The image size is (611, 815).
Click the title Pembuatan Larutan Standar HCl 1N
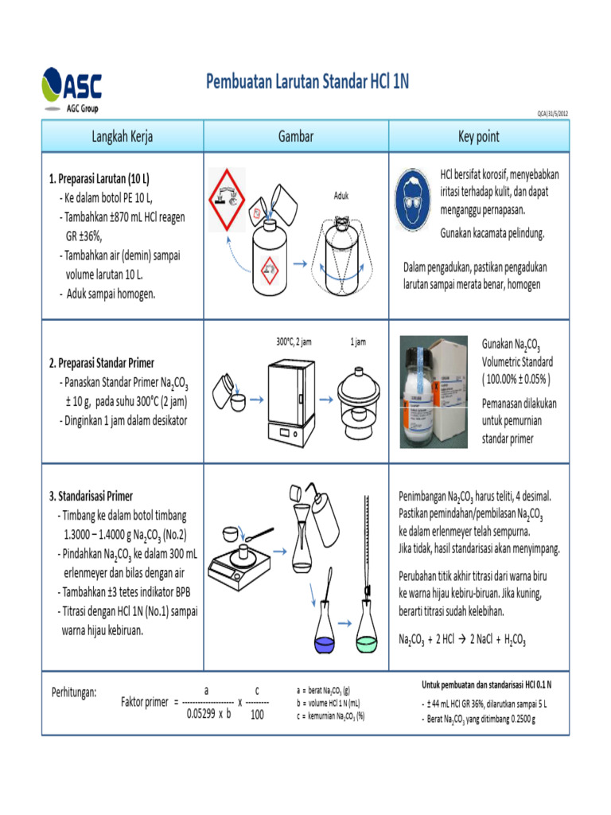click(x=307, y=82)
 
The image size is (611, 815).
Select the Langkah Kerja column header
click(x=123, y=137)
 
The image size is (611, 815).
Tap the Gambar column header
click(x=295, y=137)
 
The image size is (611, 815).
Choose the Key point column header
click(x=479, y=137)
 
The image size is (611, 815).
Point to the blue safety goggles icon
click(x=415, y=198)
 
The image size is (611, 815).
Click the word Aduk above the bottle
click(x=341, y=195)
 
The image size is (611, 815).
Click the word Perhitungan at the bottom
click(x=74, y=692)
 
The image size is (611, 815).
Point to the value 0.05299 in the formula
click(x=202, y=714)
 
